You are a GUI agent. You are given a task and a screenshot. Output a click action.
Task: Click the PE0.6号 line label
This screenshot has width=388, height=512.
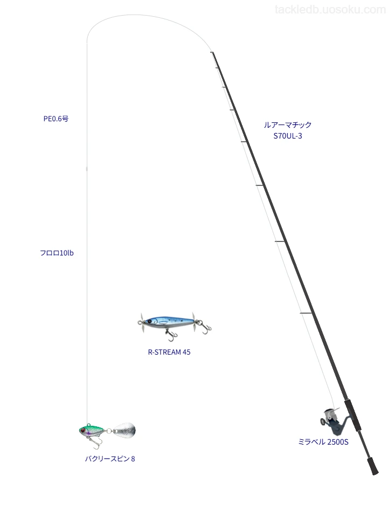[56, 119]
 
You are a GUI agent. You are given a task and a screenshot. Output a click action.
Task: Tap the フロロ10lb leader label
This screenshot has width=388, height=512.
[57, 253]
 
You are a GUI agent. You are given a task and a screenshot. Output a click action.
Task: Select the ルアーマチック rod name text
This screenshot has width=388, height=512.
[288, 124]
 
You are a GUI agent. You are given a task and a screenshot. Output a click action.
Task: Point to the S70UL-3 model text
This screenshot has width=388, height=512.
[288, 136]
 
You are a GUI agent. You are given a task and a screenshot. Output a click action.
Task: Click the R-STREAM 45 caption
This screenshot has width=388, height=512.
[169, 352]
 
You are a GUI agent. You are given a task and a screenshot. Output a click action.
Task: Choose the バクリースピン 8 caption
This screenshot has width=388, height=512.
[110, 459]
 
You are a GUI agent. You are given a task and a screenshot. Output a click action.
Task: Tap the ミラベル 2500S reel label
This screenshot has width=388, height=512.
[323, 442]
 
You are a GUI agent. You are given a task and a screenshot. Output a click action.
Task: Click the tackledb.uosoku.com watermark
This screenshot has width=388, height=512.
[330, 10]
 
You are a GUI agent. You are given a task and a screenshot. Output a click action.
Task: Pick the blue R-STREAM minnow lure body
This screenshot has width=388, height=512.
[169, 322]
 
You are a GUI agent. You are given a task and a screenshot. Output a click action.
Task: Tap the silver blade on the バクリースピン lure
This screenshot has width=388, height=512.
[124, 430]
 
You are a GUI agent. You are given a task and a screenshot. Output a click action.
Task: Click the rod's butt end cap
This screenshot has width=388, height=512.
[375, 470]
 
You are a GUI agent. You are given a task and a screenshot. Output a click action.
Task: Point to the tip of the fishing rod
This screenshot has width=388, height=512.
[212, 52]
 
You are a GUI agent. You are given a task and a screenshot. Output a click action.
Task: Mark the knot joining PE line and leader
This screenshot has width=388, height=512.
[87, 169]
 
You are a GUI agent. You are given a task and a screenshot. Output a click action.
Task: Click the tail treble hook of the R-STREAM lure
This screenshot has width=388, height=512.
[206, 329]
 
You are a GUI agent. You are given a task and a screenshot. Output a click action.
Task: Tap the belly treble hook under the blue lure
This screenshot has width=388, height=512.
[170, 333]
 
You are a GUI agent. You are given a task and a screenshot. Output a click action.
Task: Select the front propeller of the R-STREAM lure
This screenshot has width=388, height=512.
[142, 323]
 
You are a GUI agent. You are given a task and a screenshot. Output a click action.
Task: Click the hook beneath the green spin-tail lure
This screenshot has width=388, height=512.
[94, 442]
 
